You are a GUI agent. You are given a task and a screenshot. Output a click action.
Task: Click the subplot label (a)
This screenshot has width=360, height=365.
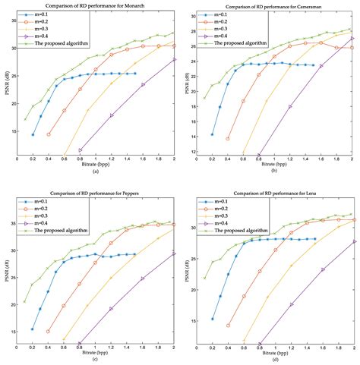[96, 172]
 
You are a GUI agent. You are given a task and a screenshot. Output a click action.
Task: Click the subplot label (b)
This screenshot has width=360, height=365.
[274, 172]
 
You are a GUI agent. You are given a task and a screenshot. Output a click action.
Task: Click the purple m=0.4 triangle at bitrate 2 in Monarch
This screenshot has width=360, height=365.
[175, 59]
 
